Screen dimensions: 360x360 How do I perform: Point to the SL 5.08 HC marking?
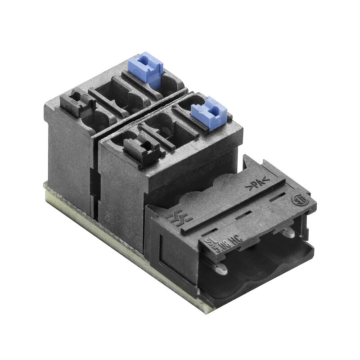pyautogui.click(x=224, y=243)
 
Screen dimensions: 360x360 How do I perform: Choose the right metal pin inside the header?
pyautogui.click(x=288, y=232)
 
